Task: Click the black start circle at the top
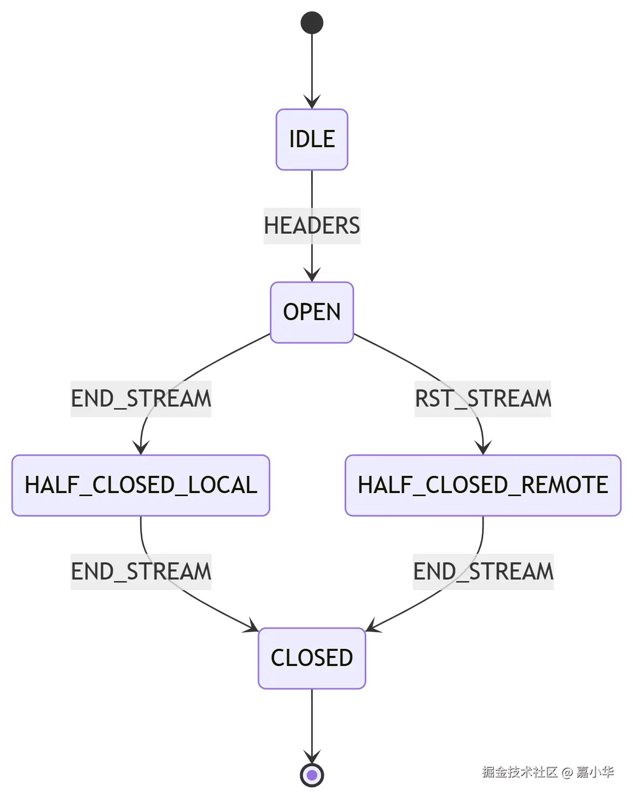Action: (x=312, y=23)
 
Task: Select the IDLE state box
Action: (x=312, y=140)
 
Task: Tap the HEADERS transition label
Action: (x=312, y=226)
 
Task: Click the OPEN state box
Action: (x=312, y=312)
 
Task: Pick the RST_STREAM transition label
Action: (x=483, y=398)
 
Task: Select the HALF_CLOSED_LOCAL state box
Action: (x=141, y=485)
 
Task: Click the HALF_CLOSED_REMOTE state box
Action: (x=483, y=485)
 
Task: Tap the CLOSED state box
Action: (x=312, y=658)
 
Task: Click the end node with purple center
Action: (x=312, y=775)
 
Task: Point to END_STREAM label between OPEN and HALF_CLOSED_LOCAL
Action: (x=141, y=398)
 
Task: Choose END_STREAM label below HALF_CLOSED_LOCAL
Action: (x=141, y=571)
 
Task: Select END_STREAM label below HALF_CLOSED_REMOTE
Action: (x=483, y=571)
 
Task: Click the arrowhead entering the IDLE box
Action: (x=312, y=103)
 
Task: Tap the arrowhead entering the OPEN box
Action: (x=312, y=276)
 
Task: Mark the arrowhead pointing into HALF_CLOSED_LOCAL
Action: (x=141, y=448)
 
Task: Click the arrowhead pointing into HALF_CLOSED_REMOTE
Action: (x=483, y=448)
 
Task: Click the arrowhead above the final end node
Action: (x=312, y=758)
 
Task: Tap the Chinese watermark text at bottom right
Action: (x=547, y=772)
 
